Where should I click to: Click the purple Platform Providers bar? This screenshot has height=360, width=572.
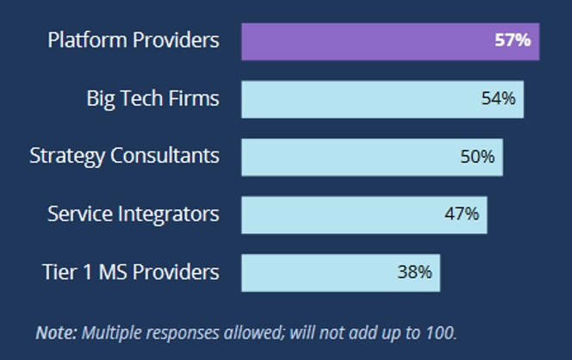[389, 41]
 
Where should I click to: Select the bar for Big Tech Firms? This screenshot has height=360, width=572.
[382, 99]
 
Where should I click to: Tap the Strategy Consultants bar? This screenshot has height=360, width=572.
[371, 157]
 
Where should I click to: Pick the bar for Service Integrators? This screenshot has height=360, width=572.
[364, 214]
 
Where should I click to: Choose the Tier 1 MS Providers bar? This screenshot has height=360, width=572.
[340, 272]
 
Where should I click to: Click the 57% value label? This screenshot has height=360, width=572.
[512, 40]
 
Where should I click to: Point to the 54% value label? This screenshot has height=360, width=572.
[498, 99]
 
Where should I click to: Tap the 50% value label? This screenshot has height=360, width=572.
[477, 157]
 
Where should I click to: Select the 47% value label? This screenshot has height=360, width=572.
[462, 214]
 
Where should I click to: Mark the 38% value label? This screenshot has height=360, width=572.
[414, 272]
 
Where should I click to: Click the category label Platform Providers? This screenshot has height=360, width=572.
[134, 40]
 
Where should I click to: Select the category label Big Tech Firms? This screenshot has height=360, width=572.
[152, 99]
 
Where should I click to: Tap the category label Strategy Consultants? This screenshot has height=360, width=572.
[124, 157]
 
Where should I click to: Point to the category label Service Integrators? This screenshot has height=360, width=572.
[134, 214]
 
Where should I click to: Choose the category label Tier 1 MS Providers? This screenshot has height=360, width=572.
[131, 272]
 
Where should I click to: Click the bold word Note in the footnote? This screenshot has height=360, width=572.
[56, 332]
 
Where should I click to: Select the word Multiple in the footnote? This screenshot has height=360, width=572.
[109, 332]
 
